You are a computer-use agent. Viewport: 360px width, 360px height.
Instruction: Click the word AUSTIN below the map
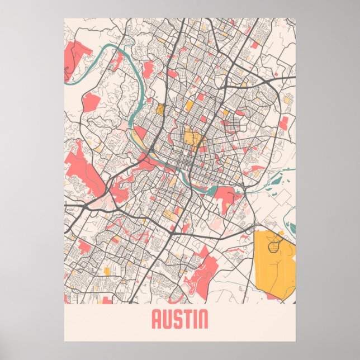[x=179, y=319]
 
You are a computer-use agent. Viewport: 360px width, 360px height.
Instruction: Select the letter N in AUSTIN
[x=202, y=319]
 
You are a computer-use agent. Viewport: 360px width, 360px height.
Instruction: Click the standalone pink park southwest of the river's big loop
[x=91, y=102]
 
